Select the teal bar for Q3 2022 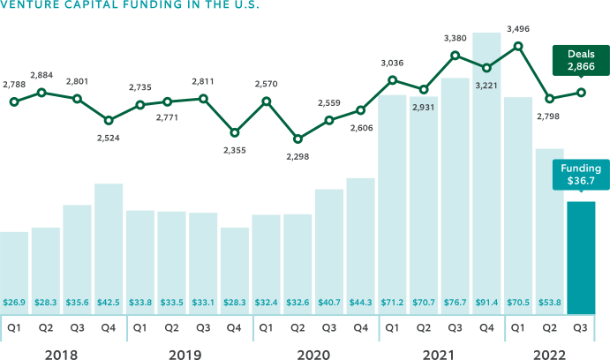(581, 256)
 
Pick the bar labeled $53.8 (549, 229)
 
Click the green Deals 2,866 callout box (580, 60)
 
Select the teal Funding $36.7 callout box (580, 175)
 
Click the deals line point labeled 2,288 (297, 139)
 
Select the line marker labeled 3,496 (518, 45)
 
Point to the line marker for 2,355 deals (235, 133)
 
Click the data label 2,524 (109, 138)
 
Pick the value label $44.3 (360, 303)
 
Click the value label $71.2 (392, 303)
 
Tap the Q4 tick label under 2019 (235, 328)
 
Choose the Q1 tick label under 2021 (392, 328)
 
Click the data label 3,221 (487, 86)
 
